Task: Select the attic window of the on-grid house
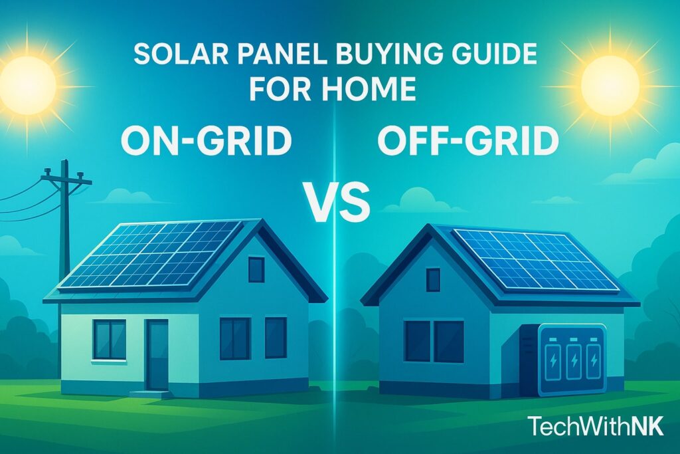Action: pos(256,269)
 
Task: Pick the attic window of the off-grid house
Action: pos(432,280)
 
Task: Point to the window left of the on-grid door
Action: pos(109,339)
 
